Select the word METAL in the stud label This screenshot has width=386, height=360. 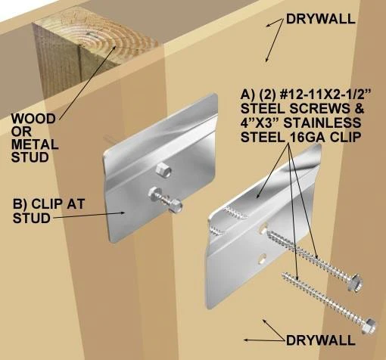(33, 145)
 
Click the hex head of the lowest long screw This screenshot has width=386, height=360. (369, 324)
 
